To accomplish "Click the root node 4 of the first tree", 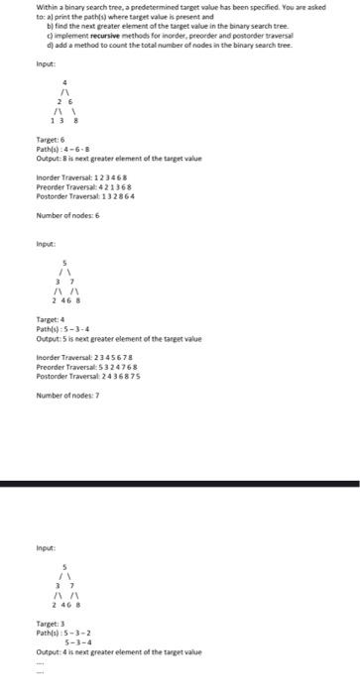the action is coord(65,82).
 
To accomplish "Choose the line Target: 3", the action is coord(50,623).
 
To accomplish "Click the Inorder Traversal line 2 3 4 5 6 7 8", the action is coord(86,360).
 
